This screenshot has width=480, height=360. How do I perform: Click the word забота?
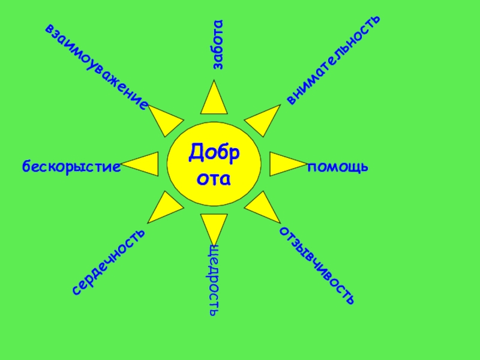coord(217,44)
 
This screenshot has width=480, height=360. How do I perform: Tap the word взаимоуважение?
coord(96,65)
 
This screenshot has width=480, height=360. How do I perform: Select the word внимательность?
coord(333,59)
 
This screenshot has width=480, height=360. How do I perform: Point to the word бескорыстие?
coord(71,166)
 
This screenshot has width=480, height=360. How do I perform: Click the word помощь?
coord(338,166)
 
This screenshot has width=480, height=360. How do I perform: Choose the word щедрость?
coord(214,280)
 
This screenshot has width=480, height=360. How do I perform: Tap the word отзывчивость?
coord(316,265)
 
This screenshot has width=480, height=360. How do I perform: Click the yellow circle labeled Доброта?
coord(214,164)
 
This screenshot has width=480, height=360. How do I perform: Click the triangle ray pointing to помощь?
coord(283,164)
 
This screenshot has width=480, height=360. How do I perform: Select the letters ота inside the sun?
coord(214,178)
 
